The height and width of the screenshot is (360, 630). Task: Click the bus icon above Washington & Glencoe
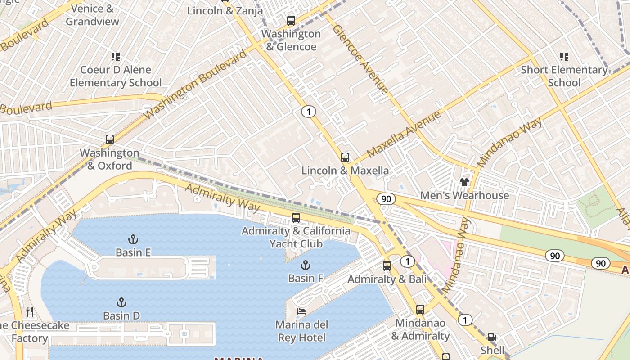pyautogui.click(x=291, y=20)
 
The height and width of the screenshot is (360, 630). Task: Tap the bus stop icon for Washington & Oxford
pyautogui.click(x=110, y=139)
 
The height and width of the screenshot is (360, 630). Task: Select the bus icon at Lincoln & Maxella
pyautogui.click(x=345, y=157)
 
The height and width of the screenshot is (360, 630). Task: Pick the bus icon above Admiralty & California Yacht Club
pyautogui.click(x=296, y=218)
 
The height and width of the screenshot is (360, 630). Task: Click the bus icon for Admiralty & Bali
pyautogui.click(x=387, y=266)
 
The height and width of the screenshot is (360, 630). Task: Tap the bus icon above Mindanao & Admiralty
pyautogui.click(x=420, y=310)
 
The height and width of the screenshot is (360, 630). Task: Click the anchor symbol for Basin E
pyautogui.click(x=133, y=239)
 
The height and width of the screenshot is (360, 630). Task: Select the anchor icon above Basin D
pyautogui.click(x=121, y=302)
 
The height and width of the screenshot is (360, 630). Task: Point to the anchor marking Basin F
pyautogui.click(x=306, y=265)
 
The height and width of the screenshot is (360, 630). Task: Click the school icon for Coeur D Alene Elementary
pyautogui.click(x=116, y=57)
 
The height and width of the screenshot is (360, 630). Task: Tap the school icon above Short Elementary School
pyautogui.click(x=564, y=57)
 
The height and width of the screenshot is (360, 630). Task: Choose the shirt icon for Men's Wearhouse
pyautogui.click(x=464, y=182)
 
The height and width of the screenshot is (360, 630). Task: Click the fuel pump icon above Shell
pyautogui.click(x=492, y=337)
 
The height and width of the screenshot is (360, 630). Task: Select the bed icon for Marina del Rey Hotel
pyautogui.click(x=301, y=311)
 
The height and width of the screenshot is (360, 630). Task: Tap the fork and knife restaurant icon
pyautogui.click(x=30, y=311)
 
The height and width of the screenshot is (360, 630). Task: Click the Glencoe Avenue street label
pyautogui.click(x=360, y=59)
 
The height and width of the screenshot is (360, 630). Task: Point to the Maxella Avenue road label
pyautogui.click(x=404, y=134)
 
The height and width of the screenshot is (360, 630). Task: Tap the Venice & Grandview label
pyautogui.click(x=92, y=15)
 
